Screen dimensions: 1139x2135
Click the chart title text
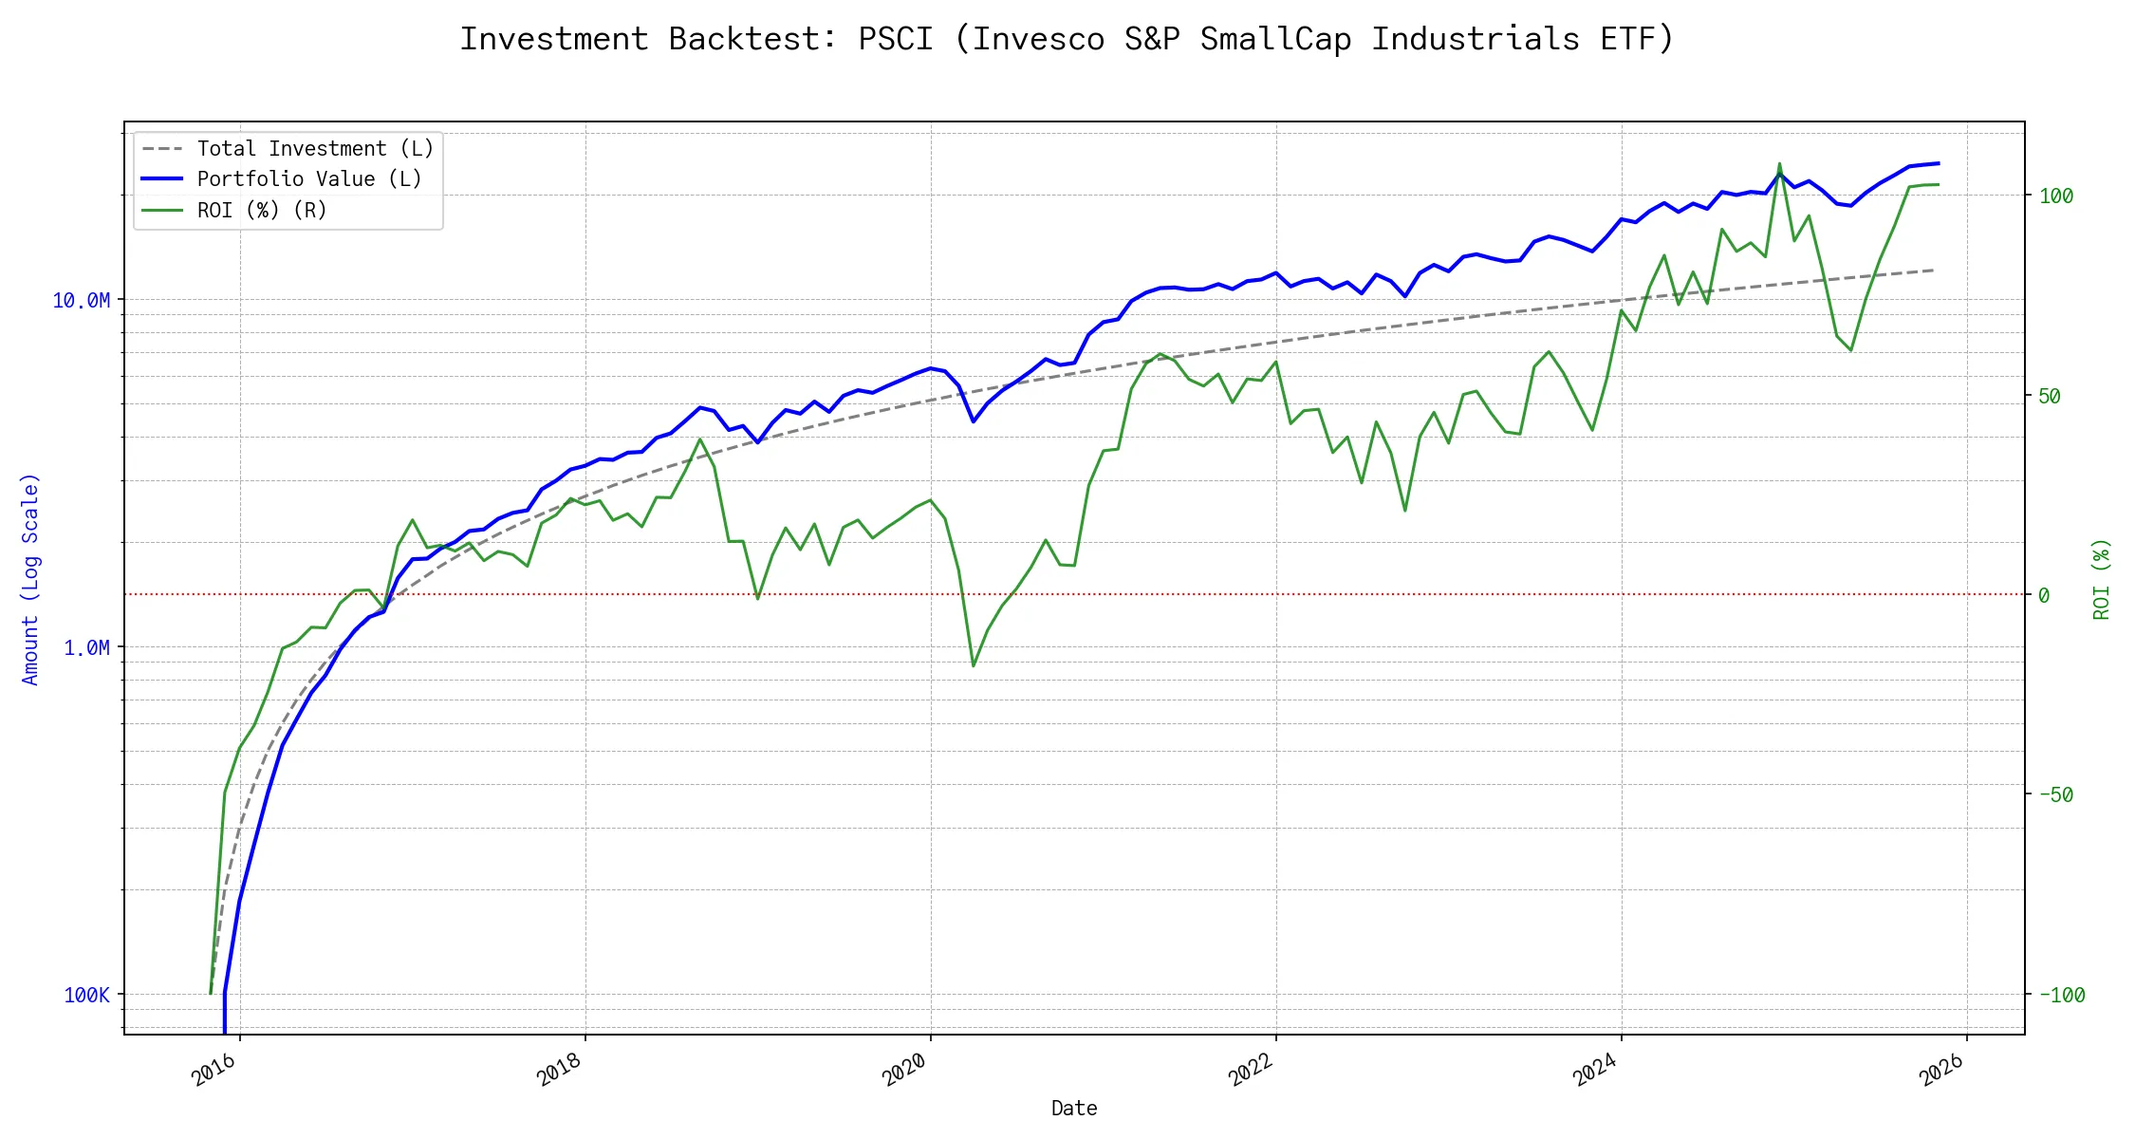pyautogui.click(x=1067, y=40)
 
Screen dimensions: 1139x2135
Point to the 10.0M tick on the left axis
pyautogui.click(x=81, y=301)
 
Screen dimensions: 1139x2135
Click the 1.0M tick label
pyautogui.click(x=86, y=648)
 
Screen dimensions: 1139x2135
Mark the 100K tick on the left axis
pyautogui.click(x=86, y=996)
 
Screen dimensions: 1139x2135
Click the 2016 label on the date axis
pyautogui.click(x=214, y=1070)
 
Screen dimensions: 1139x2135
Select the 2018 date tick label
pyautogui.click(x=560, y=1070)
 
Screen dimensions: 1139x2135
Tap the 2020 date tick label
pyautogui.click(x=905, y=1070)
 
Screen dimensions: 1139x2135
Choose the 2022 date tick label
pyautogui.click(x=1251, y=1070)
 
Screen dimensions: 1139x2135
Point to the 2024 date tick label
pyautogui.click(x=1596, y=1070)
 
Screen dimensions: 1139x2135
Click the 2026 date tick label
pyautogui.click(x=1941, y=1070)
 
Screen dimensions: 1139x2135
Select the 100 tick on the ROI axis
pyautogui.click(x=2056, y=196)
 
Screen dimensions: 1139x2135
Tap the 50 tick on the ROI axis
pyautogui.click(x=2050, y=397)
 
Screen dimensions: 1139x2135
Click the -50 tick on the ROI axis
pyautogui.click(x=2055, y=795)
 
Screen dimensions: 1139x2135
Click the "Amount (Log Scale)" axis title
pyautogui.click(x=31, y=579)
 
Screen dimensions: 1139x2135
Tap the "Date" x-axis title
pyautogui.click(x=1074, y=1109)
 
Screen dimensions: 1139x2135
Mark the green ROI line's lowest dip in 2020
pyautogui.click(x=974, y=665)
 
